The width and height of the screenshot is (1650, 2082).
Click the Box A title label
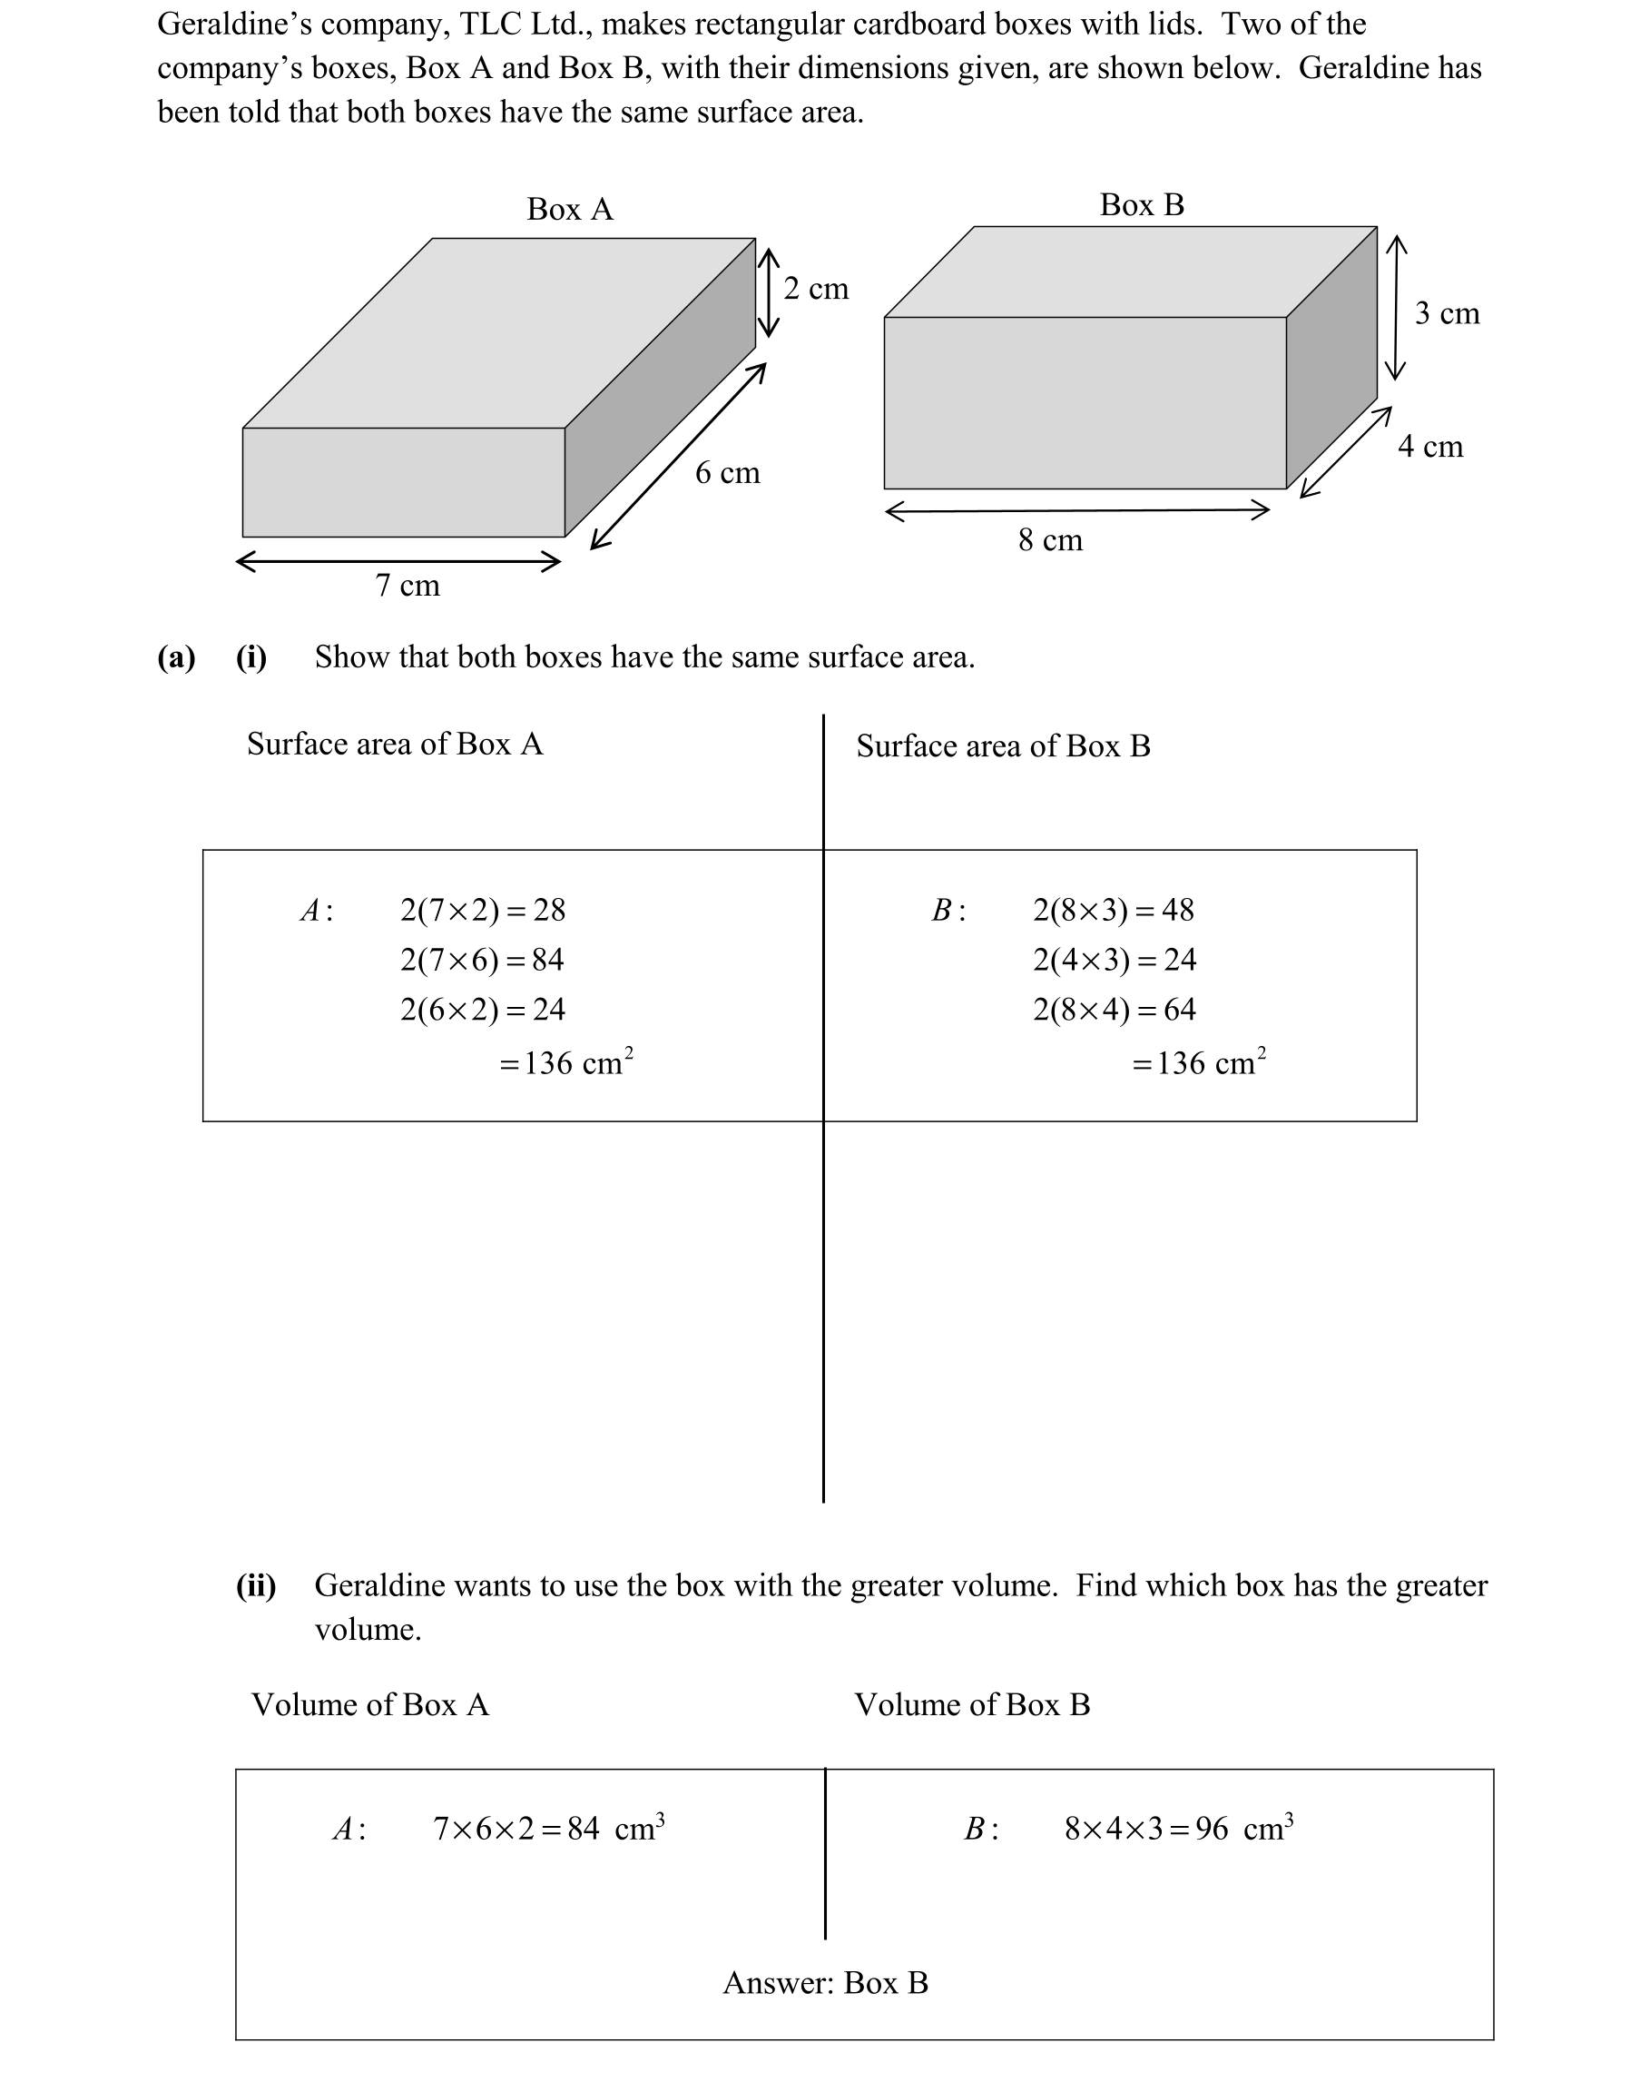[x=570, y=210]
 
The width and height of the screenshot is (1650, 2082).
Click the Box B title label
[x=1141, y=204]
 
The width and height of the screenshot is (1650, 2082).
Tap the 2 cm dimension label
[x=815, y=289]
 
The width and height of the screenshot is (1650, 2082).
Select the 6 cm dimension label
[x=727, y=473]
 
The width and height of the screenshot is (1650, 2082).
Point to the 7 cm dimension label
[x=407, y=586]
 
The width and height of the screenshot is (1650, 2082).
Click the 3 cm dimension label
[x=1447, y=314]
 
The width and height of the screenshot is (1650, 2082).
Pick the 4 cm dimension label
[x=1429, y=447]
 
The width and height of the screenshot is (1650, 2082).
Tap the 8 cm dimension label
[x=1049, y=540]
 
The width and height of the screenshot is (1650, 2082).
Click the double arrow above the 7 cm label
[x=398, y=561]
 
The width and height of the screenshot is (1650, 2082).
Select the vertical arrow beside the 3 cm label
[x=1395, y=307]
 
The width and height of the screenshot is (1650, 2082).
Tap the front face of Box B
[x=1084, y=402]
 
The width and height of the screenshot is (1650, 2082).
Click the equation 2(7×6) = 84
[x=482, y=960]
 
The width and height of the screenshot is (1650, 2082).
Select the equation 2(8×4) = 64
[x=1114, y=1010]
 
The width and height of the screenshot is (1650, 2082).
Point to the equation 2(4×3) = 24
[x=1114, y=960]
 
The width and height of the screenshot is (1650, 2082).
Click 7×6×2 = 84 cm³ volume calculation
[x=547, y=1828]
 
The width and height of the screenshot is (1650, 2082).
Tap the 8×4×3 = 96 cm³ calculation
[x=1178, y=1828]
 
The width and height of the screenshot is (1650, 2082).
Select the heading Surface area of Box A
[x=394, y=744]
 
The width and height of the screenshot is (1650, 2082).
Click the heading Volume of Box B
[x=971, y=1704]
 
